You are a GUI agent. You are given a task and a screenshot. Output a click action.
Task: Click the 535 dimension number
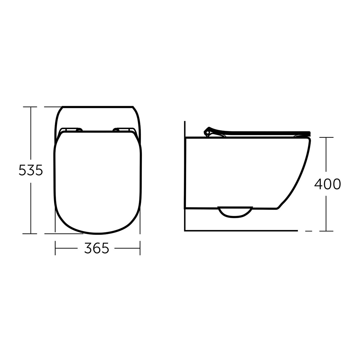click(31, 170)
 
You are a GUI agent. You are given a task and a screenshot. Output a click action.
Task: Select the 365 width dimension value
click(96, 248)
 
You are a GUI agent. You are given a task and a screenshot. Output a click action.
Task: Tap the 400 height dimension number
click(327, 184)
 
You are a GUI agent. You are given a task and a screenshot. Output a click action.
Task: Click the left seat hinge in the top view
click(71, 130)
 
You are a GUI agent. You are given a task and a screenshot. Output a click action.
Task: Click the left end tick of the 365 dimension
click(55, 248)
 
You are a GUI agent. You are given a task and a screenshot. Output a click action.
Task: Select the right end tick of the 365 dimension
click(140, 248)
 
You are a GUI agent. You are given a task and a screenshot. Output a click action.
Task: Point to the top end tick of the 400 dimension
click(326, 137)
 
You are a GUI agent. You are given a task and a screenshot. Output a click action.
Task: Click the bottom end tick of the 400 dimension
click(326, 231)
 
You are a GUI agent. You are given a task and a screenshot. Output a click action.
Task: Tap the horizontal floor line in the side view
click(240, 231)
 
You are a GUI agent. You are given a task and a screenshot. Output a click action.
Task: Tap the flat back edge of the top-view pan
click(97, 106)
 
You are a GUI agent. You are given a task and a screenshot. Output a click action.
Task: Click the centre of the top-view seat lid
click(97, 180)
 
